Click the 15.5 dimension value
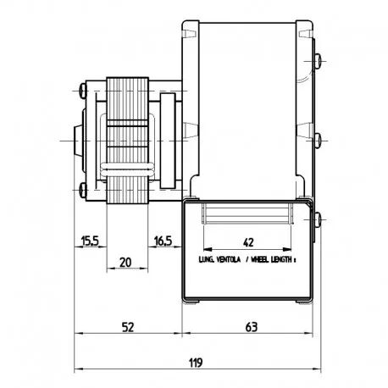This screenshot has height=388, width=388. (x=90, y=241)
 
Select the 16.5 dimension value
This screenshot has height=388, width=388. (x=163, y=241)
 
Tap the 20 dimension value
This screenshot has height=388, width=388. (x=125, y=263)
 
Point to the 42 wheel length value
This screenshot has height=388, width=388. (x=248, y=242)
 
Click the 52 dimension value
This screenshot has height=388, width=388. (x=128, y=327)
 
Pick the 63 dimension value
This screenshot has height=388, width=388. (x=252, y=327)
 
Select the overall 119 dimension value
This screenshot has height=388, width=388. (x=196, y=363)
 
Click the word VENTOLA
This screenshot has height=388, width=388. (x=229, y=259)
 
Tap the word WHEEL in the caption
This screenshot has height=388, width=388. (x=259, y=259)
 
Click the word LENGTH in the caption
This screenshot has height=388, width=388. (x=281, y=259)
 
